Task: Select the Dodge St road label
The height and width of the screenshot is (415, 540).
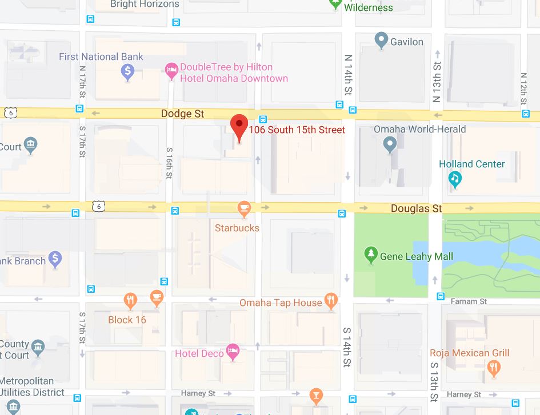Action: tap(182, 114)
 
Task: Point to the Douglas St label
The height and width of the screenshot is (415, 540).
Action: tap(416, 209)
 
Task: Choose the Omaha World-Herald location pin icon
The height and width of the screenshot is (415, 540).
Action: tap(390, 145)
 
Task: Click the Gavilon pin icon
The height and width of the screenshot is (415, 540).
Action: tap(381, 41)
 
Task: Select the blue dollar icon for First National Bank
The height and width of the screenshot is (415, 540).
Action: tap(128, 72)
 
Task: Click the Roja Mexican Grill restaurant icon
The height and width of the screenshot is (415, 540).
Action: tap(494, 367)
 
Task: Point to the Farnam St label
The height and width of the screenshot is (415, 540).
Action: tap(469, 301)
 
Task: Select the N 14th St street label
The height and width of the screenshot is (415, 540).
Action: tap(348, 75)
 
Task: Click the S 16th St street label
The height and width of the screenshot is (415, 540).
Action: tap(170, 163)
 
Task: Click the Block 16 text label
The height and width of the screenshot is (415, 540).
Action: tap(127, 320)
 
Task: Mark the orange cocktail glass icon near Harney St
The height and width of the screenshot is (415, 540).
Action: tap(315, 395)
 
